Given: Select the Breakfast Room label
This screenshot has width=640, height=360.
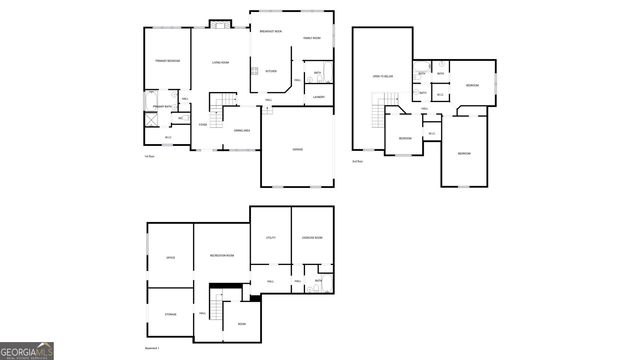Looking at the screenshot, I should pyautogui.click(x=270, y=32).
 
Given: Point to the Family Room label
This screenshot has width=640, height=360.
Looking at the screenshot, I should pyautogui.click(x=312, y=38).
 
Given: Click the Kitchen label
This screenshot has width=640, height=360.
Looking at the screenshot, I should pyautogui.click(x=271, y=71).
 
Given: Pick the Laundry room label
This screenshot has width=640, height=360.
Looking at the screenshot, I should pyautogui.click(x=318, y=96).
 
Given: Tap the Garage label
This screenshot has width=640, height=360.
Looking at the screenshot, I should pyautogui.click(x=297, y=149).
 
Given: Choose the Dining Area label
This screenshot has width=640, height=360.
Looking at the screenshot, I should pyautogui.click(x=241, y=131).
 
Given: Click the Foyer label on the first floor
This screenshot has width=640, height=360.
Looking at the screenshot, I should pyautogui.click(x=203, y=125).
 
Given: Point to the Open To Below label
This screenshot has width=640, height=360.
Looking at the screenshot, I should pyautogui.click(x=382, y=76).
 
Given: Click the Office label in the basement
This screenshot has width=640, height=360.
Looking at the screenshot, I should pyautogui.click(x=170, y=258).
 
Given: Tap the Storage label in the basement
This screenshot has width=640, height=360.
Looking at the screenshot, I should pyautogui.click(x=170, y=314).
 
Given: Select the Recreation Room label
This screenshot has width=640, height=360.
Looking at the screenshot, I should pyautogui.click(x=222, y=257).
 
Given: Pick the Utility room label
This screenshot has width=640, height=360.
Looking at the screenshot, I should pyautogui.click(x=270, y=237).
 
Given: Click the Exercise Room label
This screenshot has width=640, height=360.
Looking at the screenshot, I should pyautogui.click(x=312, y=237).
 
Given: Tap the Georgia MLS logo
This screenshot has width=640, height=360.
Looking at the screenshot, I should pyautogui.click(x=27, y=351).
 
